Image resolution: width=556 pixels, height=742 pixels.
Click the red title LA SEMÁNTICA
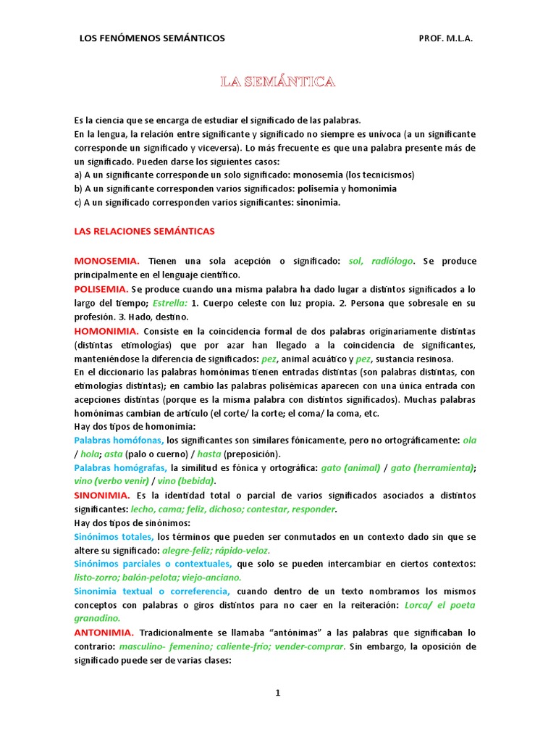(278, 82)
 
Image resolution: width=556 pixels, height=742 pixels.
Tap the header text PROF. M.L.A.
(445, 38)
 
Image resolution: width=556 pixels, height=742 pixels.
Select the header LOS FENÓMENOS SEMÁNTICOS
(152, 38)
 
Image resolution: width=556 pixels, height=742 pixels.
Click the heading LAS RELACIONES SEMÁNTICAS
(145, 231)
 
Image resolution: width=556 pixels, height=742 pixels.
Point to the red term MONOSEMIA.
(106, 261)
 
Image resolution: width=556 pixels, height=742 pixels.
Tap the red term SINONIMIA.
(102, 496)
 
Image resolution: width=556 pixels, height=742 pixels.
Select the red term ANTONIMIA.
(104, 633)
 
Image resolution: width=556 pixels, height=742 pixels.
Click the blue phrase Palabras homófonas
(119, 441)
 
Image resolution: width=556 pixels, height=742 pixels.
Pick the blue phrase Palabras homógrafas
(121, 468)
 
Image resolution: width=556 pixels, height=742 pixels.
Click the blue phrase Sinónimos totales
(114, 537)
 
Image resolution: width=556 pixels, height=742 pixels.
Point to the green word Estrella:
(170, 303)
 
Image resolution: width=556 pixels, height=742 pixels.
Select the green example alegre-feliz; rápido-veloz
(206, 551)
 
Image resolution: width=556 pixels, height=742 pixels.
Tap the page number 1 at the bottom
(277, 693)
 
